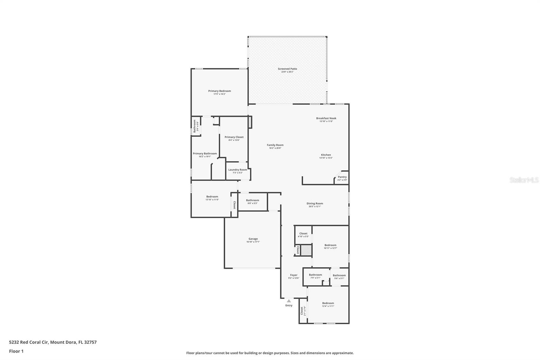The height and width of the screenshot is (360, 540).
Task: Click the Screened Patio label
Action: coord(287,69)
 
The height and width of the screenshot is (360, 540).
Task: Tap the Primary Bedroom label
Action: coord(219,91)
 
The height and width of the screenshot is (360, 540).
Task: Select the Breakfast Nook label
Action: coord(326,119)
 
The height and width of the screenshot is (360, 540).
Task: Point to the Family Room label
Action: coord(275,145)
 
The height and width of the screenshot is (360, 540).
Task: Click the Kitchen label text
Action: coord(326,155)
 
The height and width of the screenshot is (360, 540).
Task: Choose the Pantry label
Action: coord(342,177)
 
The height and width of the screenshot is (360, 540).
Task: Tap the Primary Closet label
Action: coord(234,137)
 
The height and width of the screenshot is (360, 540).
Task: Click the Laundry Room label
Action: coord(238,170)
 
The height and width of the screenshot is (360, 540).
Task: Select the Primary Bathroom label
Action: coord(205,154)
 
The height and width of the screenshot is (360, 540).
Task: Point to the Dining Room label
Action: coord(315,204)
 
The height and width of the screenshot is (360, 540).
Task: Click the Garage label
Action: coord(253,239)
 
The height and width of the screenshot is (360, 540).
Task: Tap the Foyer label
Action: coord(294,275)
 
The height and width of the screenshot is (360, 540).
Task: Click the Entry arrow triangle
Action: coord(289,301)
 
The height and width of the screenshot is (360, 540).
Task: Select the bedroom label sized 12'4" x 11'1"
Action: coord(328,304)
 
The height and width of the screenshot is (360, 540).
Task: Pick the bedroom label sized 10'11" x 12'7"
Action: coord(330,246)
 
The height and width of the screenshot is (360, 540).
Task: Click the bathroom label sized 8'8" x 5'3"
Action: coord(252,201)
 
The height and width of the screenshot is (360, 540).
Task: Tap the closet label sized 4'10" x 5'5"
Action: coord(303,234)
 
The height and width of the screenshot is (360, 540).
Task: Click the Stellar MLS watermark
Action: coord(524,180)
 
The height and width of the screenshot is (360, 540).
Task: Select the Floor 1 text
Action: coord(16,351)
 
